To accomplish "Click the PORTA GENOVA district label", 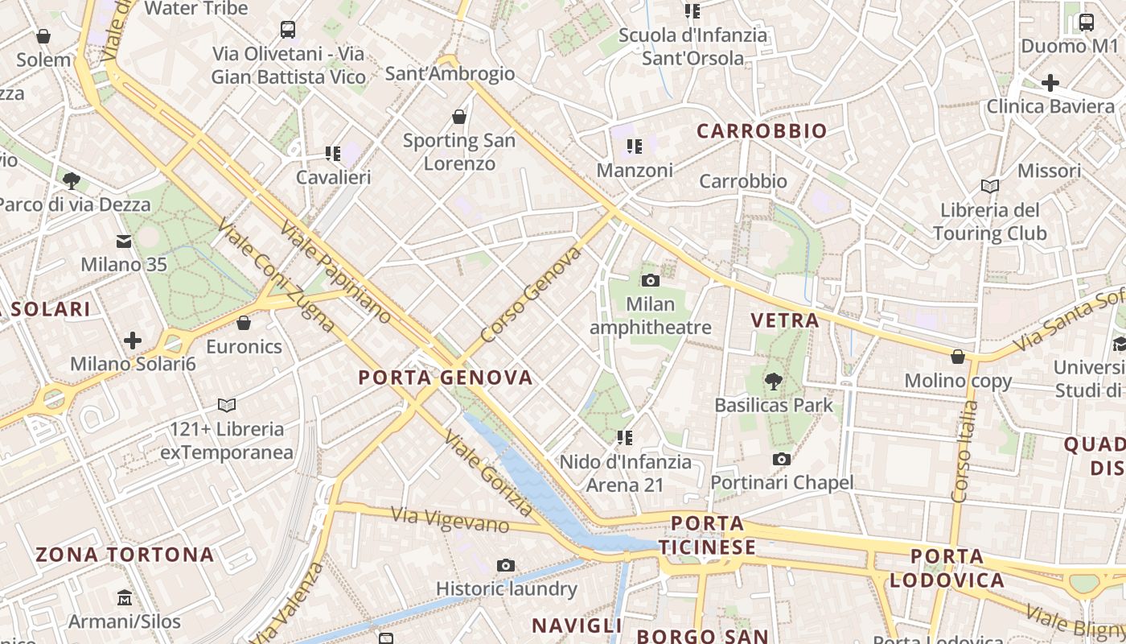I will [446, 378].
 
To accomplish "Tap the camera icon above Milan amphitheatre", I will [650, 280].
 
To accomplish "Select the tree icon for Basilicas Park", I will [774, 380].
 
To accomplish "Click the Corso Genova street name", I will [531, 295].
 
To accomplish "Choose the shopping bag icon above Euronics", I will [244, 323].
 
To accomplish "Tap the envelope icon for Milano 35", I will [124, 241].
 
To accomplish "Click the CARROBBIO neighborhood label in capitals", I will [762, 131].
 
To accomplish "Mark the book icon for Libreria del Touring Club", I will [989, 186].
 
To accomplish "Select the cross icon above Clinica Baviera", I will [1050, 82].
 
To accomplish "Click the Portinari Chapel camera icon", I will [780, 459].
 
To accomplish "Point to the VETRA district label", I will [785, 320].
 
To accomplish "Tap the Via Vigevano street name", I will [450, 520].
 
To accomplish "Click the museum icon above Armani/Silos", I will [124, 598].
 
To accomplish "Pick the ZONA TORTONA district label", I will [125, 555].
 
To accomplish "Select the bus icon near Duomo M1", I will [1086, 22].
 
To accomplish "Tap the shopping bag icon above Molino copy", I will [958, 356].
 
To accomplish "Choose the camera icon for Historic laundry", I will [505, 565].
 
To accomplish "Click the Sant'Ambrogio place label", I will [450, 74].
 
